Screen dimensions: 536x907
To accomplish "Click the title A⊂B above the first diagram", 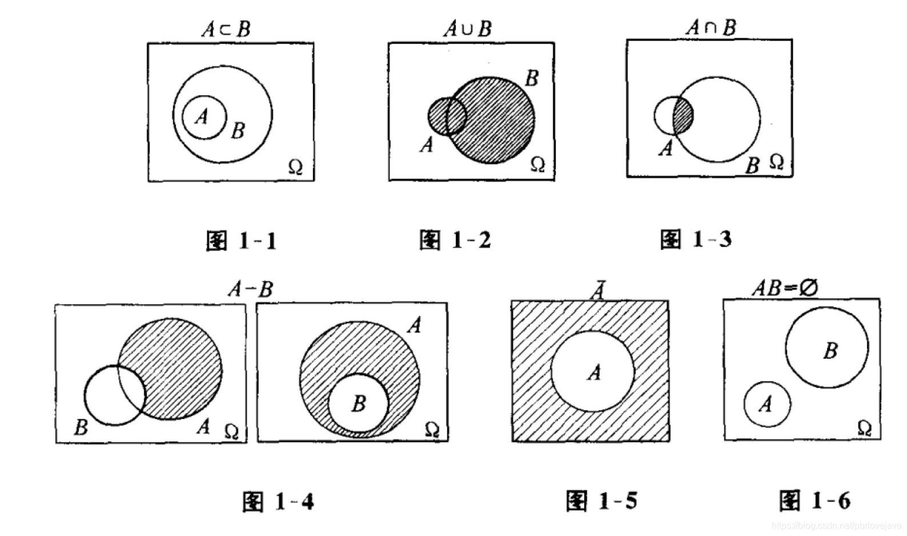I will click(226, 29).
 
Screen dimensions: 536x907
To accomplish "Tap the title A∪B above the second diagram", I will click(467, 28).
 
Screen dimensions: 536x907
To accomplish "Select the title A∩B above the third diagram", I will click(711, 27).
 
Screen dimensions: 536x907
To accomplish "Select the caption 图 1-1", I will click(242, 241).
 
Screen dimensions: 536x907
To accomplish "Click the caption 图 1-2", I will click(455, 240).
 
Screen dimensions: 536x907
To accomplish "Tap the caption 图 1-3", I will click(696, 239).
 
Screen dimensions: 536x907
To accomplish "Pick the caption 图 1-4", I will click(278, 502).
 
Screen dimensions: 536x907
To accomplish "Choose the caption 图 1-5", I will click(601, 501).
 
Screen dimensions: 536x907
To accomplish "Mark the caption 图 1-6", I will click(815, 500).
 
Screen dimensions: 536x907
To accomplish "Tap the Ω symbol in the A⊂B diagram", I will click(295, 167).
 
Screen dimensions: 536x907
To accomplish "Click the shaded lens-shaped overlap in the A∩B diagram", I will click(683, 116).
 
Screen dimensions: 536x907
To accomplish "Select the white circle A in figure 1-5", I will click(593, 371).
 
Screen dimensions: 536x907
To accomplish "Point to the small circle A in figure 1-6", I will click(767, 404).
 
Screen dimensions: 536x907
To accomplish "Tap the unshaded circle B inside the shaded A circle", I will click(358, 404).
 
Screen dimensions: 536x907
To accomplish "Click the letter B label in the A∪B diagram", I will click(532, 78).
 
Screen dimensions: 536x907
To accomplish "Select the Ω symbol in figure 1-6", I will click(865, 427).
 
